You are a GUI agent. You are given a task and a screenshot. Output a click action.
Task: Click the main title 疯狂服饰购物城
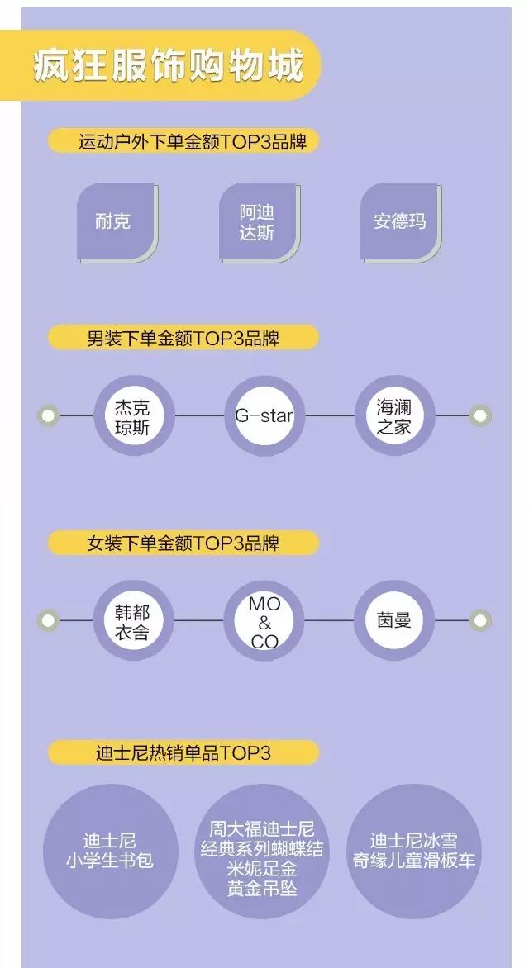pos(169,66)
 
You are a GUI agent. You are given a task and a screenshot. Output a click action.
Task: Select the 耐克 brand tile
pos(115,221)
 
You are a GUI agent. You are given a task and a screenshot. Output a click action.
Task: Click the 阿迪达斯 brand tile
pos(257,221)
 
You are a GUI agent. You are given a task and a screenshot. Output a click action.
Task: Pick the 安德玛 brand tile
pos(399,221)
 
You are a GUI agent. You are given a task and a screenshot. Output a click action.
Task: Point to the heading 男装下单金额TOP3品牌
pos(183,338)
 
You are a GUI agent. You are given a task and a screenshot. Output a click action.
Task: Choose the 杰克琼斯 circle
pos(134,415)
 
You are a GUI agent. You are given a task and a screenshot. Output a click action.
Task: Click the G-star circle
pos(264,415)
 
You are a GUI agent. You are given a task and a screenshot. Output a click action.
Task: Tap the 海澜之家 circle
pos(394,415)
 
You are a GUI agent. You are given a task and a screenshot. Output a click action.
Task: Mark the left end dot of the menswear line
pos(49,415)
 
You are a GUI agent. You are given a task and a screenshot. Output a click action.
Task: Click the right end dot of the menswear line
pos(480,415)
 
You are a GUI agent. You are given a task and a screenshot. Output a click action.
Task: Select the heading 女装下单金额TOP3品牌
pos(183,543)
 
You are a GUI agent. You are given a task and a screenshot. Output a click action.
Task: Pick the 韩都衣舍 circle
pos(134,620)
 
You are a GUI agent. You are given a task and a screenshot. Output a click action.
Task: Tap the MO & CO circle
pos(264,620)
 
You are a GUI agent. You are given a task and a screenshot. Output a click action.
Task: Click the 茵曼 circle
pos(394,620)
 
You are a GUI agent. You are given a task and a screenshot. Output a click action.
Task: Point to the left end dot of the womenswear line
pos(49,620)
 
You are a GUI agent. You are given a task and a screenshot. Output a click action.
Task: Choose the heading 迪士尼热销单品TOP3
pos(183,752)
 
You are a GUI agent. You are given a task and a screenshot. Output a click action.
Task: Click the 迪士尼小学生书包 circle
pos(110,851)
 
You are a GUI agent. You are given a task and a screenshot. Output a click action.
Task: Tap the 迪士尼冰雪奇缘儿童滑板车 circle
pos(414,851)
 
